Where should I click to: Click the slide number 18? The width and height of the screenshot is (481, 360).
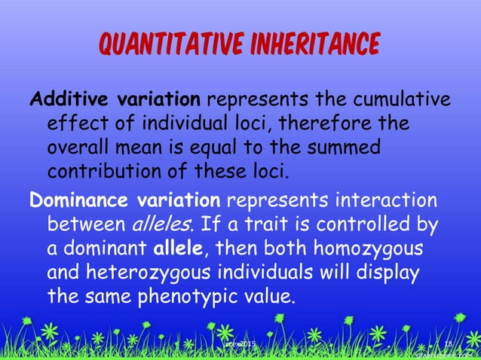[448, 344]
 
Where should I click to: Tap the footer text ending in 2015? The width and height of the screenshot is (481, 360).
[240, 344]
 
